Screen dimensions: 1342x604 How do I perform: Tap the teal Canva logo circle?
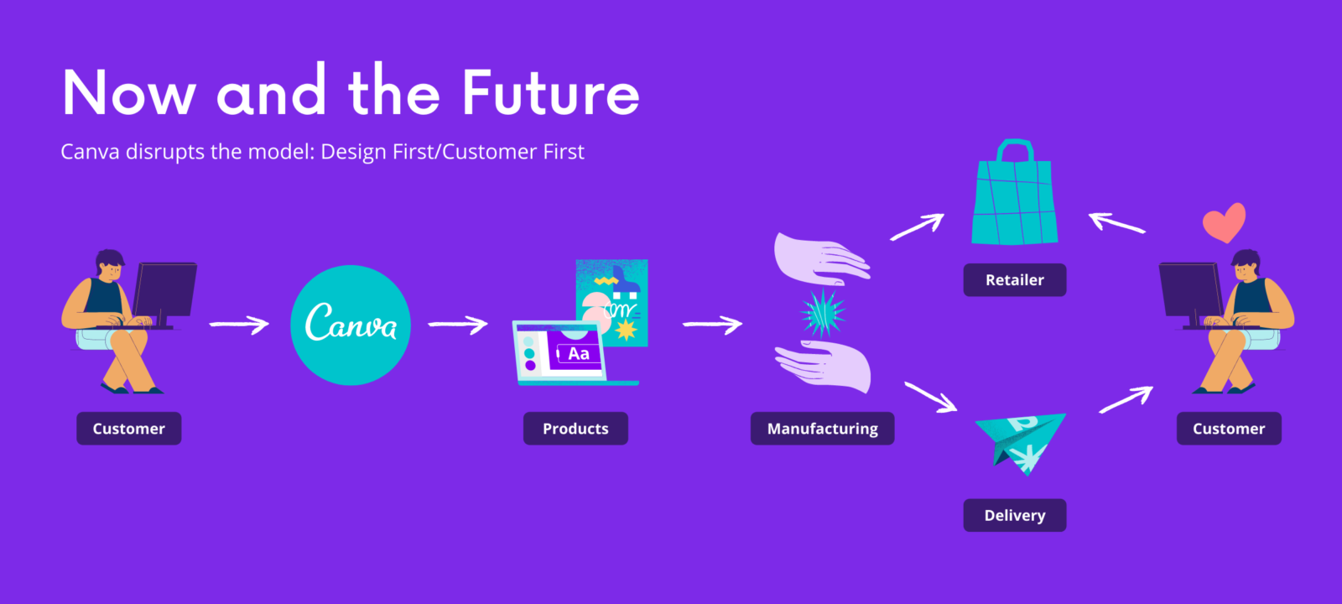pyautogui.click(x=351, y=325)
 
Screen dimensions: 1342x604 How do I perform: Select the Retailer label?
pyautogui.click(x=1015, y=280)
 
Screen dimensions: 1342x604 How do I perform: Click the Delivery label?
pyautogui.click(x=1015, y=515)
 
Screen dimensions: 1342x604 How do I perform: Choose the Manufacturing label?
pyautogui.click(x=823, y=429)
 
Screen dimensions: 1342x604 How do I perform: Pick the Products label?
pyautogui.click(x=575, y=429)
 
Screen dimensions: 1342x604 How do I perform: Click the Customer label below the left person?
pyautogui.click(x=129, y=429)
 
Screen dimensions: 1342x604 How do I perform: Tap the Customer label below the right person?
pyautogui.click(x=1229, y=429)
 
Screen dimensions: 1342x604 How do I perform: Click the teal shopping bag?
pyautogui.click(x=1014, y=193)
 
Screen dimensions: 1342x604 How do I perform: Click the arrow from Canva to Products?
pyautogui.click(x=458, y=325)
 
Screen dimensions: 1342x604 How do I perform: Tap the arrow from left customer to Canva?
pyautogui.click(x=240, y=325)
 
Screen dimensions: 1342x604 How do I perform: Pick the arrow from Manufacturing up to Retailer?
pyautogui.click(x=918, y=227)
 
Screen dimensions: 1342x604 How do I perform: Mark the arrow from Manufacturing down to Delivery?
pyautogui.click(x=930, y=397)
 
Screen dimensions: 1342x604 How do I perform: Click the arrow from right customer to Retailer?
pyautogui.click(x=1116, y=223)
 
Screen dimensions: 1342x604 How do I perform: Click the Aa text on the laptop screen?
pyautogui.click(x=578, y=353)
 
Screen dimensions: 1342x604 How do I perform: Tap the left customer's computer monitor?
pyautogui.click(x=164, y=290)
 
